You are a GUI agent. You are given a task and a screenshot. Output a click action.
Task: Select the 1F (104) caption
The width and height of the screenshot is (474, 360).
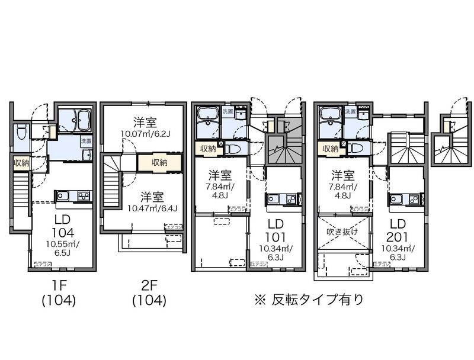click(x=58, y=294)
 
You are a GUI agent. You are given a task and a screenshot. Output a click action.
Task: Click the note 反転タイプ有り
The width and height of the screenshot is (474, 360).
click(x=308, y=299)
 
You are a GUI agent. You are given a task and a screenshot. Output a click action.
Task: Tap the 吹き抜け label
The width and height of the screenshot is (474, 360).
click(x=342, y=232)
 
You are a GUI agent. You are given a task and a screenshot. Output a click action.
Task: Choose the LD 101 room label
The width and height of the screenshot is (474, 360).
click(x=274, y=230)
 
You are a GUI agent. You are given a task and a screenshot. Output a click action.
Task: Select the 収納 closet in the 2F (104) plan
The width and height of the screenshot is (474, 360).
click(x=158, y=162)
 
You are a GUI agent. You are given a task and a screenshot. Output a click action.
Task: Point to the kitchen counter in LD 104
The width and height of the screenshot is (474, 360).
click(x=72, y=195)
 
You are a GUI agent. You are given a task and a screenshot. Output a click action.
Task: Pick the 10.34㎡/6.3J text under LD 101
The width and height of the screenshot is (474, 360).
click(x=274, y=253)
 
